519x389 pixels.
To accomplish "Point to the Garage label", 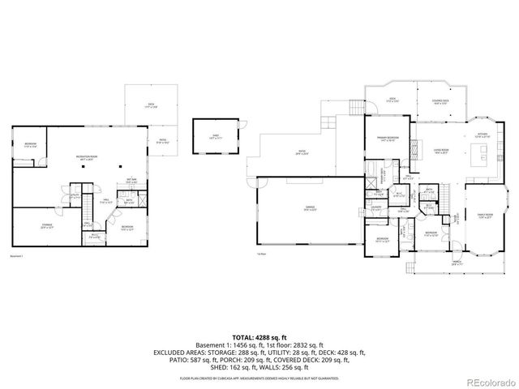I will click(x=308, y=209).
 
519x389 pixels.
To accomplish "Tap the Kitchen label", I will click(x=483, y=135).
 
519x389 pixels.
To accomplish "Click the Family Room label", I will click(x=486, y=216).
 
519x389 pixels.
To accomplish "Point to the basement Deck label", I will click(x=151, y=105).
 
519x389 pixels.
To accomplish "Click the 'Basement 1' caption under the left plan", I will click(x=18, y=256).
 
